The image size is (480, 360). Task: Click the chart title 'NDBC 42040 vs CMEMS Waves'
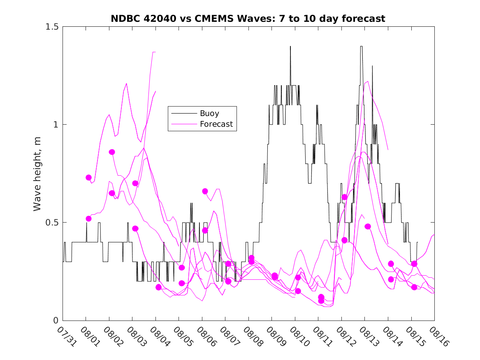pyautogui.click(x=248, y=19)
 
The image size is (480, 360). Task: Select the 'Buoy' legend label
pyautogui.click(x=209, y=113)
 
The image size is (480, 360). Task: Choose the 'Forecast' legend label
pyautogui.click(x=216, y=124)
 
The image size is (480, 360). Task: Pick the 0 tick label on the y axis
pyautogui.click(x=56, y=321)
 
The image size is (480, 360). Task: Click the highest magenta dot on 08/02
pyautogui.click(x=112, y=152)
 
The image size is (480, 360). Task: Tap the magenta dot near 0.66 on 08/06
pyautogui.click(x=205, y=191)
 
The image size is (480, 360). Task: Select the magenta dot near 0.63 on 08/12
pyautogui.click(x=345, y=197)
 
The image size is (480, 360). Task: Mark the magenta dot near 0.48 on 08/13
pyautogui.click(x=368, y=227)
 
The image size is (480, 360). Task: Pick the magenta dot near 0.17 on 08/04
pyautogui.click(x=158, y=287)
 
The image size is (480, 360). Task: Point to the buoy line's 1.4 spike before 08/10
pyautogui.click(x=290, y=46)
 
